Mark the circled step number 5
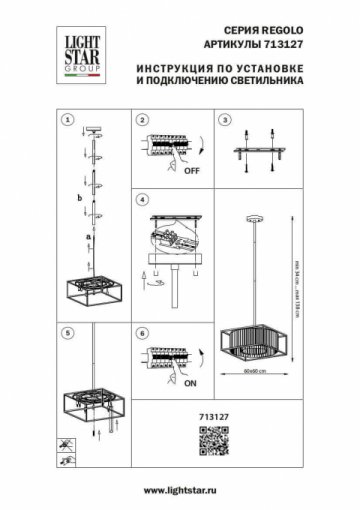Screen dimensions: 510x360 [x=67, y=331]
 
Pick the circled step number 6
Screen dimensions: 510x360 [x=142, y=331]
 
